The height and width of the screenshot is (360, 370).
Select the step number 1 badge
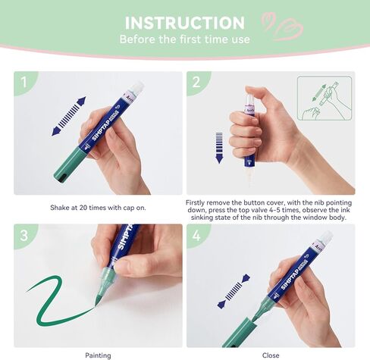24,82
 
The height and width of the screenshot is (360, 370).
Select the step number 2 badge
196,82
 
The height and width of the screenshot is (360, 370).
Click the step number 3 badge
24,235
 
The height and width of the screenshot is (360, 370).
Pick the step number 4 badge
196,235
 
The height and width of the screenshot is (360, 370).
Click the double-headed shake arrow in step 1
67,119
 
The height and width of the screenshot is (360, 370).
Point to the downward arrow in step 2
220,148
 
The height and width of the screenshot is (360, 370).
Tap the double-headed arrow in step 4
234,291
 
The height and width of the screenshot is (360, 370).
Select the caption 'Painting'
98,355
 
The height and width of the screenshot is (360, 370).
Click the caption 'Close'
271,355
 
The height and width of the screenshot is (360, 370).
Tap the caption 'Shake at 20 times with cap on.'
98,204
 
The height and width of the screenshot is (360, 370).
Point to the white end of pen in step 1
136,88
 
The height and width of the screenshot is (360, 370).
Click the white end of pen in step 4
326,238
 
